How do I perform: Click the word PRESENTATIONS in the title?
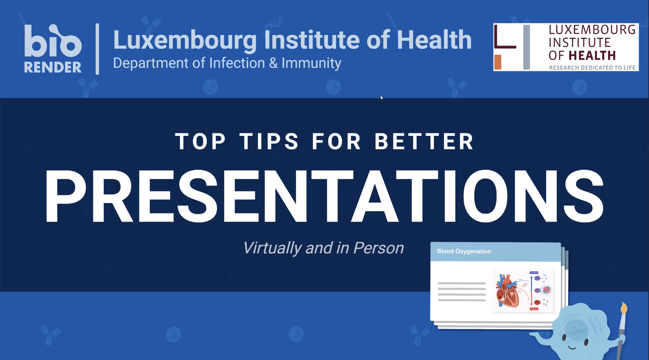pos(324,196)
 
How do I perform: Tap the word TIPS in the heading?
pos(269,142)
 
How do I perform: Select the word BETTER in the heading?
pos(424,142)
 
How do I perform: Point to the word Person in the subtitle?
pos(378,248)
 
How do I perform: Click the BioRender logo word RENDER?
pos(53,67)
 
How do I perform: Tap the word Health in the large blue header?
pos(434,40)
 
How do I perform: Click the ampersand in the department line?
pos(273,63)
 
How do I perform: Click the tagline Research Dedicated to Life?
pos(592,68)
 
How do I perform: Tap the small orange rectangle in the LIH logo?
pos(498,62)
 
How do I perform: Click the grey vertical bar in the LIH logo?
pos(526,47)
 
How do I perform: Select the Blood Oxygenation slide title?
pos(464,251)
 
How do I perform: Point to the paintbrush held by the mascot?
pos(622,324)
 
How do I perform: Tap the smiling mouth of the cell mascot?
pos(573,348)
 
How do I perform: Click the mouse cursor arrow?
pos(381,97)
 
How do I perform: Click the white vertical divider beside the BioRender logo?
pos(97,49)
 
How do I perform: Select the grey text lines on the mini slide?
pos(462,292)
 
